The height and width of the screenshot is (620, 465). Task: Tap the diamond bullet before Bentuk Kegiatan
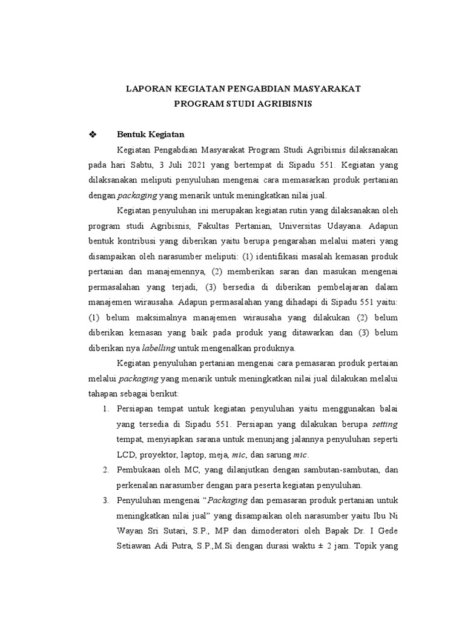93,134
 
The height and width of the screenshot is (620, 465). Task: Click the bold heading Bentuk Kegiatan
150,134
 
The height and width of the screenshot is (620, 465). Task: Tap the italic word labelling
159,348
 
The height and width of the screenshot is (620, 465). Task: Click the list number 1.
105,409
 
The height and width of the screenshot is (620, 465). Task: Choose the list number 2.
105,470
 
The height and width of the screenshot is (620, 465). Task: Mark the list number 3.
105,500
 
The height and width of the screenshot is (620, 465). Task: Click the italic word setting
384,424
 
